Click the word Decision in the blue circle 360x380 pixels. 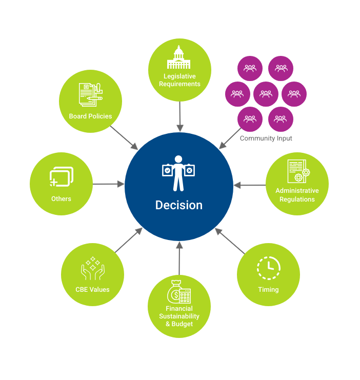179,205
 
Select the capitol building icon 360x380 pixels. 178,57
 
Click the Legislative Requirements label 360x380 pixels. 179,80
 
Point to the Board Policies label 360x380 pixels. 90,116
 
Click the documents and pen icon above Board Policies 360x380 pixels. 90,94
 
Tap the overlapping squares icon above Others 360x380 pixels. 62,177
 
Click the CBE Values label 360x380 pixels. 92,290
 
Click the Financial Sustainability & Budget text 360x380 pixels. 179,316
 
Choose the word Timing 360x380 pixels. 268,290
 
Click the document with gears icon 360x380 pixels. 297,171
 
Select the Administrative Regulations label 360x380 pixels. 297,195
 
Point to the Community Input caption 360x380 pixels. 266,138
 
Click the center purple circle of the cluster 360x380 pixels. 266,94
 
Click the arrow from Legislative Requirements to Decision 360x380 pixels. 179,117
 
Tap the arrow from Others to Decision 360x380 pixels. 109,184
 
